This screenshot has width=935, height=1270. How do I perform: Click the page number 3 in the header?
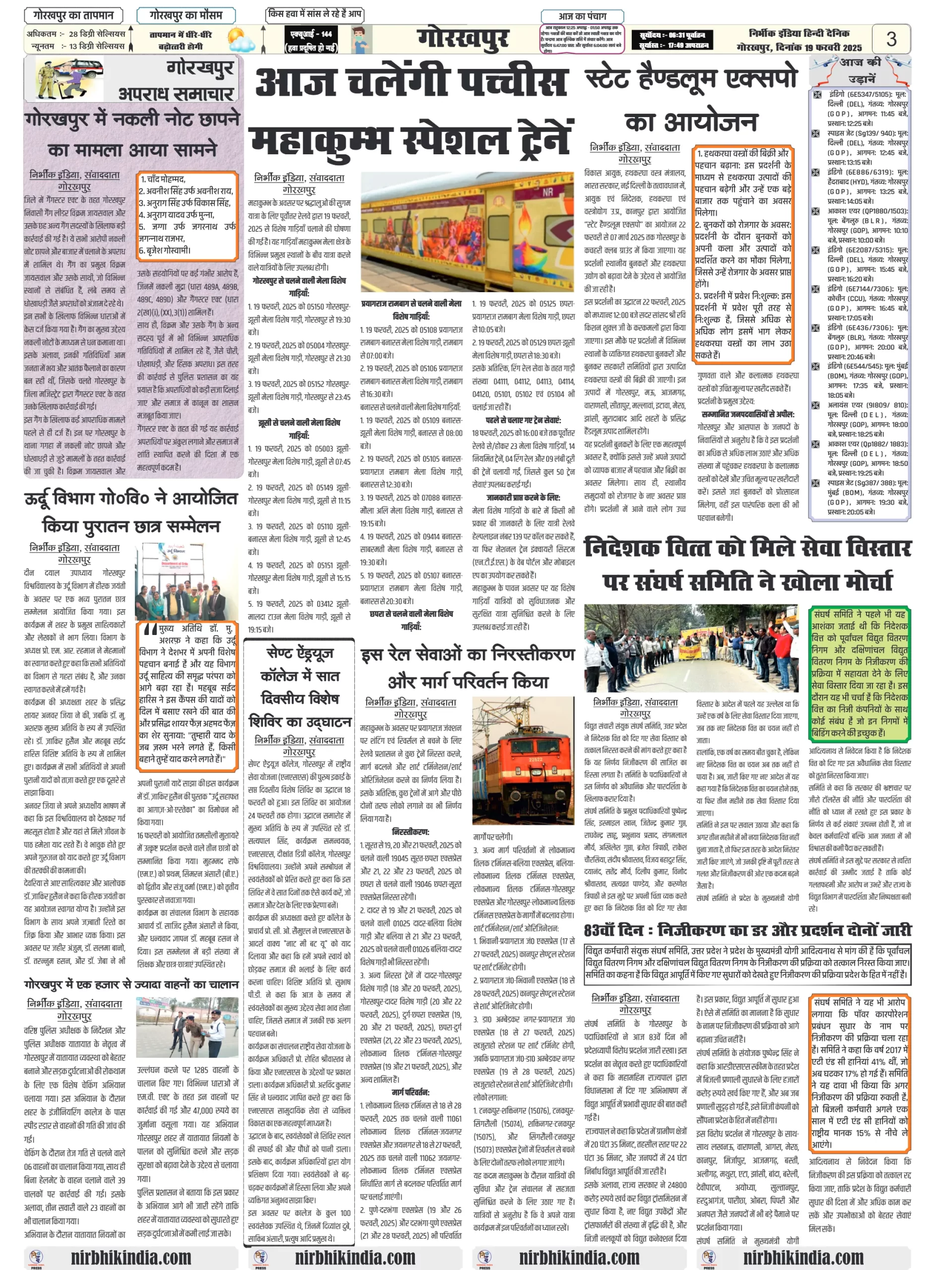click(x=891, y=39)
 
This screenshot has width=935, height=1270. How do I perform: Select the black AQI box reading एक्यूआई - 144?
click(x=311, y=40)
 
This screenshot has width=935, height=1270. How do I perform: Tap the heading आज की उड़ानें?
click(x=860, y=69)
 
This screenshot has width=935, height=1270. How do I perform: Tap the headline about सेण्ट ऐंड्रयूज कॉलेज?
click(x=300, y=687)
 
